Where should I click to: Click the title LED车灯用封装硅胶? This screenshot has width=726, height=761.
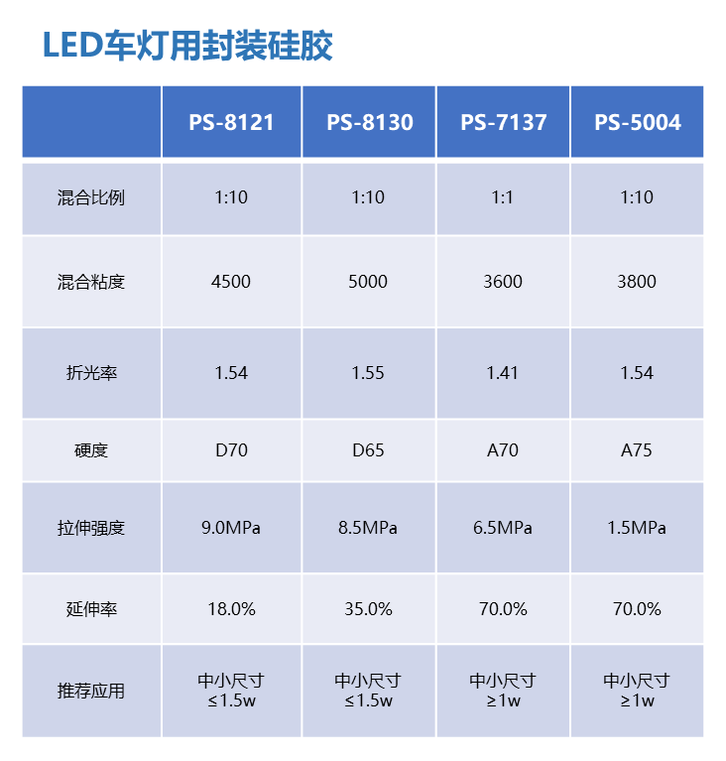pyautogui.click(x=187, y=46)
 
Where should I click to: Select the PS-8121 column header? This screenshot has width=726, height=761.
pyautogui.click(x=231, y=122)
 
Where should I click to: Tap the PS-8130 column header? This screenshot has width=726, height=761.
pyautogui.click(x=369, y=122)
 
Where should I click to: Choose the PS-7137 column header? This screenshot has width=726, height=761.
pyautogui.click(x=503, y=122)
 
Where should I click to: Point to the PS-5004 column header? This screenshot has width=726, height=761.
pyautogui.click(x=637, y=122)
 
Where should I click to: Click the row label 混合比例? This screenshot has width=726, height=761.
pyautogui.click(x=91, y=197)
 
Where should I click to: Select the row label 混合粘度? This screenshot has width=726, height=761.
pyautogui.click(x=91, y=282)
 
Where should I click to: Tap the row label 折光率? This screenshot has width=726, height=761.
pyautogui.click(x=91, y=373)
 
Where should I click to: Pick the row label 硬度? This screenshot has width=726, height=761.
pyautogui.click(x=91, y=450)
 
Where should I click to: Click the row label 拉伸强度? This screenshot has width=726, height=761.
pyautogui.click(x=91, y=528)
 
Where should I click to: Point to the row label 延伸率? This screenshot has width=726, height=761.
pyautogui.click(x=91, y=609)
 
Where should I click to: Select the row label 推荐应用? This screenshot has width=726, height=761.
pyautogui.click(x=91, y=691)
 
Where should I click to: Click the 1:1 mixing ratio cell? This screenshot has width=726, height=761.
pyautogui.click(x=503, y=197)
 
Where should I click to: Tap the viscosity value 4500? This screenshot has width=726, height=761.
pyautogui.click(x=231, y=282)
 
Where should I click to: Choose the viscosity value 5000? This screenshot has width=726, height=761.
pyautogui.click(x=368, y=282)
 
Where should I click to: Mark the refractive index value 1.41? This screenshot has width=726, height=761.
pyautogui.click(x=503, y=373)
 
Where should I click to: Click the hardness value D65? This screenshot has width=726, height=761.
pyautogui.click(x=368, y=450)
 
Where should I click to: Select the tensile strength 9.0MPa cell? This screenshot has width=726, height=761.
pyautogui.click(x=231, y=528)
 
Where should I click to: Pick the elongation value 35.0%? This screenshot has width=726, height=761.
pyautogui.click(x=368, y=609)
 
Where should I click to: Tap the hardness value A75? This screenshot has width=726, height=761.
pyautogui.click(x=637, y=450)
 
